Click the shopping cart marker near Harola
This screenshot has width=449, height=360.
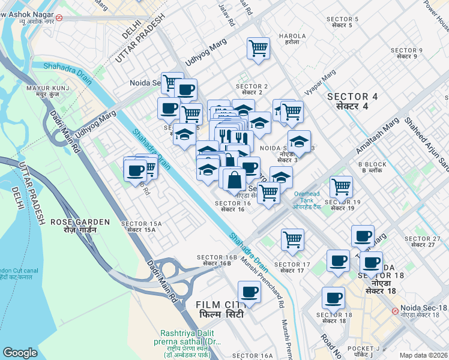click(258, 48)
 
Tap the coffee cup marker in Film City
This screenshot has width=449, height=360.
click(249, 293)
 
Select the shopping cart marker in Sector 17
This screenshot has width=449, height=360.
click(292, 239)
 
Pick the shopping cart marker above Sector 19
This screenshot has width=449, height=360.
click(341, 187)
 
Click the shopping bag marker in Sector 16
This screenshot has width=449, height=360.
click(233, 179)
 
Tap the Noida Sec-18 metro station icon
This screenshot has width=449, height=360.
click(394, 311)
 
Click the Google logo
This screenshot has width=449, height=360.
click(20, 353)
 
